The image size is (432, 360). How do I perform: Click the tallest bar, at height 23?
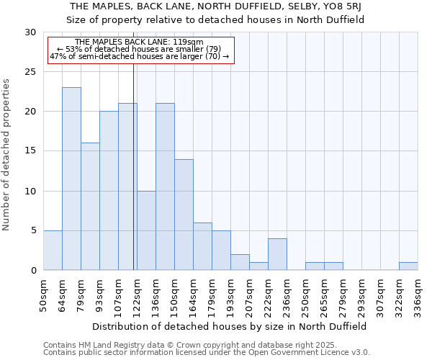tap(71, 179)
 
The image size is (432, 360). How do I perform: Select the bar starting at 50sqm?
tap(53, 250)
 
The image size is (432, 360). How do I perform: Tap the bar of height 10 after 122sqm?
tap(146, 230)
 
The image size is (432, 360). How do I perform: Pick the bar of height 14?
tap(184, 215)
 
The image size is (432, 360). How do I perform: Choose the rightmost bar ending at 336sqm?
tap(408, 266)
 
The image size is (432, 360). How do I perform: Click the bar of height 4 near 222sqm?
tap(277, 254)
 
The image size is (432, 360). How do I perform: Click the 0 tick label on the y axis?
tap(33, 271)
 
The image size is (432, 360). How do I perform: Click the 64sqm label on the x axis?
tap(62, 294)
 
